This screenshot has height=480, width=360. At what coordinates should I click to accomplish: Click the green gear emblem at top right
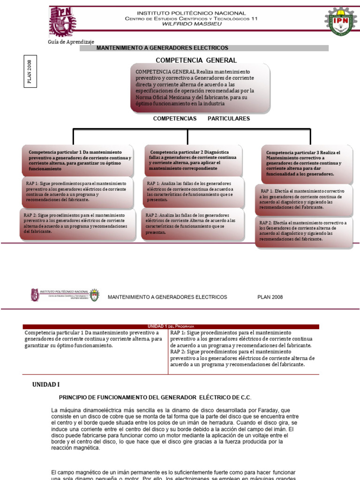(x=341, y=22)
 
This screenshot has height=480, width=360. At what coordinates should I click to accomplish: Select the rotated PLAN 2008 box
(x=29, y=71)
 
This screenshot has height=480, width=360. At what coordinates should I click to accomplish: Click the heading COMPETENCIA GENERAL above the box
(x=196, y=60)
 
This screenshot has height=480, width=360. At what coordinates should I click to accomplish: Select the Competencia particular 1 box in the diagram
(x=78, y=160)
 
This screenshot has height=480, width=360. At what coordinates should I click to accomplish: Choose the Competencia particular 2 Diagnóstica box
(x=193, y=160)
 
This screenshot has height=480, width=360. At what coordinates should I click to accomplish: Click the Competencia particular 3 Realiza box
(x=307, y=163)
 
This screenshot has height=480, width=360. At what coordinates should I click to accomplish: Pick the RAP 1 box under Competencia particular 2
(x=193, y=191)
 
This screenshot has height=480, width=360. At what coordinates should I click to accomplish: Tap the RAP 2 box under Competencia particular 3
(x=304, y=231)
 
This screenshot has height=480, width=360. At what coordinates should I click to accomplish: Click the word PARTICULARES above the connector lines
(x=229, y=119)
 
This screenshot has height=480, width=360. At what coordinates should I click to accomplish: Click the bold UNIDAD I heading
(x=46, y=384)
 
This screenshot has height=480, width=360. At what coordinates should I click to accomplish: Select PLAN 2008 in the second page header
(x=270, y=297)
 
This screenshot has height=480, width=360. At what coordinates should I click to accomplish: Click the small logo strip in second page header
(x=65, y=295)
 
